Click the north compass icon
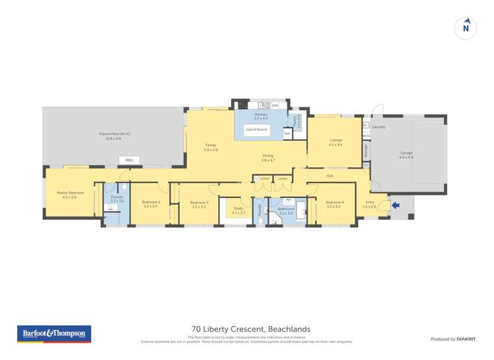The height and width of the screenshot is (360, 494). (466, 28)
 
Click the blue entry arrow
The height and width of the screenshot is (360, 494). (395, 205)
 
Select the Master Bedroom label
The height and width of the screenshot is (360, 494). (69, 194)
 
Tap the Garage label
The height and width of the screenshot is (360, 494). (406, 154)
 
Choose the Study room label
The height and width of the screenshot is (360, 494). (238, 211)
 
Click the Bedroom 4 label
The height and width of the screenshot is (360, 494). (335, 203)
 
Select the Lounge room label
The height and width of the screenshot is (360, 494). (335, 141)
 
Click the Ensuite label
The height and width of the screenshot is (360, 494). (117, 197)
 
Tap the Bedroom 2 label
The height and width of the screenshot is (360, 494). (151, 203)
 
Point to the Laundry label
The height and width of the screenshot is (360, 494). (378, 126)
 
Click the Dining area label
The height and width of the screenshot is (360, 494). (268, 157)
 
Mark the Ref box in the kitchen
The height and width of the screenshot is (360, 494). (287, 133)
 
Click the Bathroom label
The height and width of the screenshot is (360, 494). (285, 210)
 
